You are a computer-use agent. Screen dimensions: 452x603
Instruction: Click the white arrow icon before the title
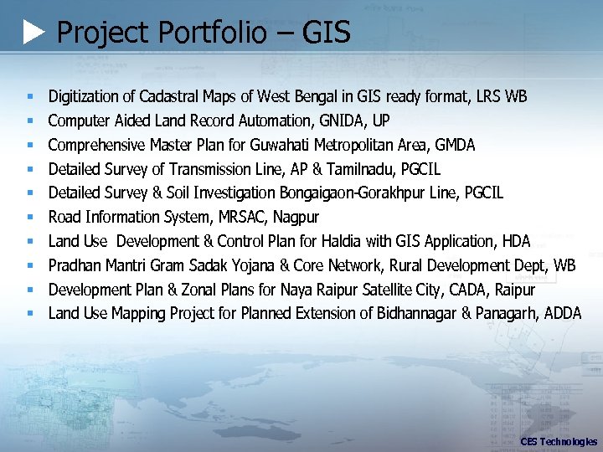pyautogui.click(x=33, y=33)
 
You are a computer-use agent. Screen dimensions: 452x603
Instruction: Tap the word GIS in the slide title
pyautogui.click(x=325, y=33)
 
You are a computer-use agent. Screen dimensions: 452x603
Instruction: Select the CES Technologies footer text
pyautogui.click(x=559, y=441)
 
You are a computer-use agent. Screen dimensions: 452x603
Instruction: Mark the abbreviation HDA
pyautogui.click(x=515, y=242)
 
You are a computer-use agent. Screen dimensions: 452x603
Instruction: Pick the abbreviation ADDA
pyautogui.click(x=562, y=314)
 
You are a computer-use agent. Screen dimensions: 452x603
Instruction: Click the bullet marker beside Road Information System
pyautogui.click(x=29, y=218)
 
